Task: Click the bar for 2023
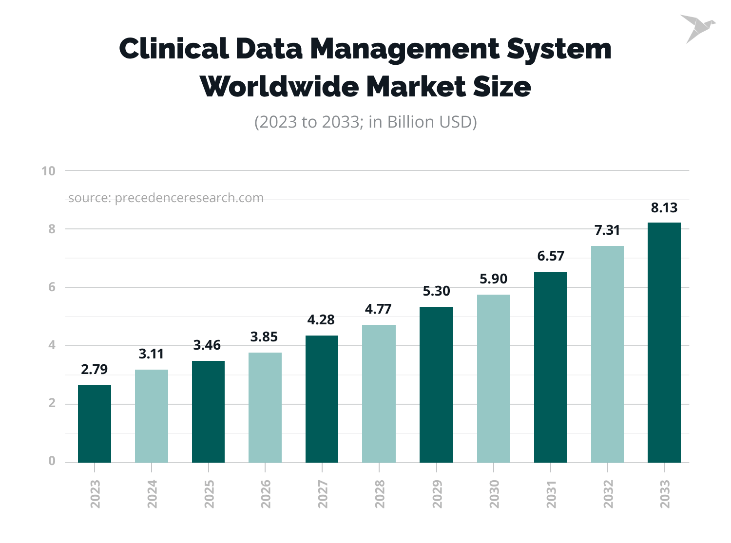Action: [x=95, y=424]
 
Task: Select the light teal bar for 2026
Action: [x=265, y=408]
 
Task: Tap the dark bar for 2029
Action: [x=436, y=385]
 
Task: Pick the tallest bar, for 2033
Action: [x=664, y=342]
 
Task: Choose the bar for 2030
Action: [x=493, y=378]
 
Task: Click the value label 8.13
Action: [x=664, y=208]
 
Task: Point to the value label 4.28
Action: [x=321, y=320]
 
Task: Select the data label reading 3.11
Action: [x=151, y=354]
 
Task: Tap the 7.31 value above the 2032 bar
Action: [x=607, y=230]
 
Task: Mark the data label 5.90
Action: [x=493, y=279]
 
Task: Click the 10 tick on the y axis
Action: [x=48, y=171]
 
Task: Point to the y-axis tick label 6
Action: [x=52, y=287]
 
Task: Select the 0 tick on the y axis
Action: [x=52, y=461]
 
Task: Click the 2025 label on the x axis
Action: [x=209, y=494]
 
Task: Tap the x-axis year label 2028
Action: [x=380, y=494]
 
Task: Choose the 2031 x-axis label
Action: [x=551, y=494]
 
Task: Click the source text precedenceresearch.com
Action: [x=166, y=198]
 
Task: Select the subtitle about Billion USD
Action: [x=365, y=122]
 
